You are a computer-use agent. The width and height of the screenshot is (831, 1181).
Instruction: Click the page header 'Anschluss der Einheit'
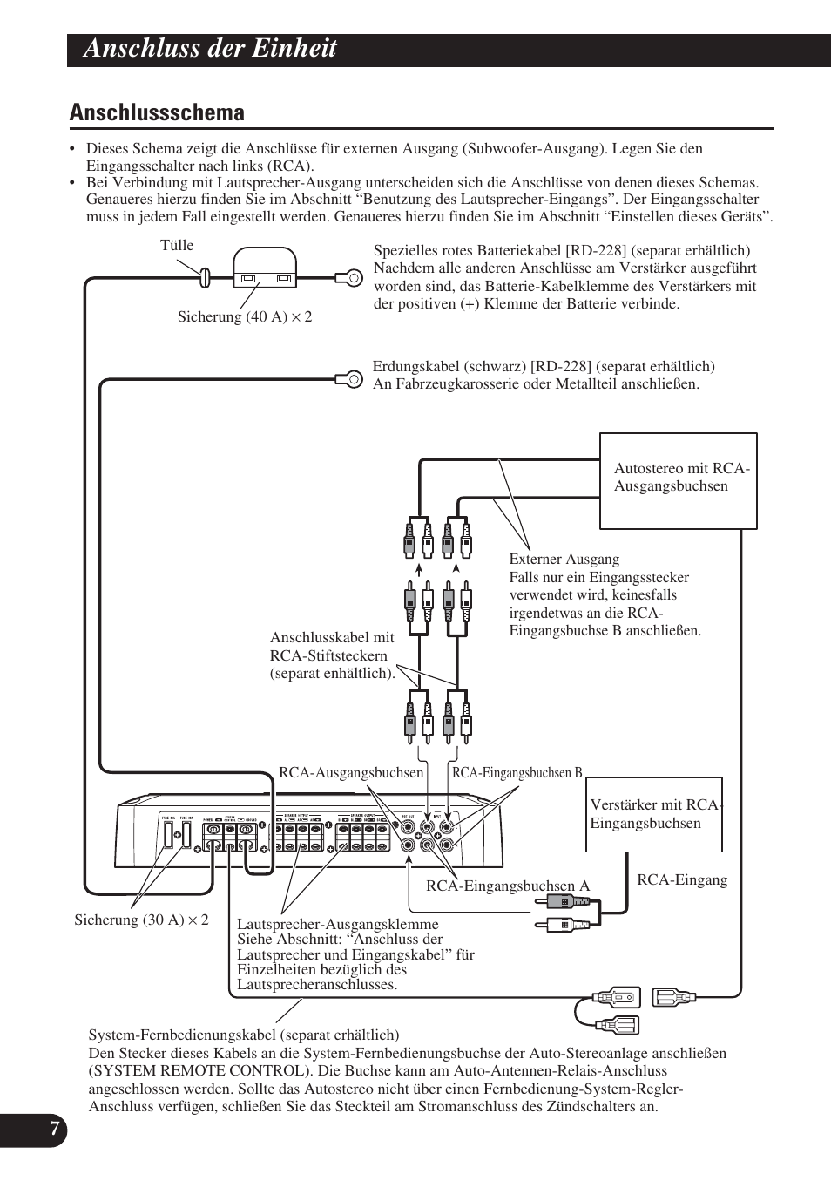(x=210, y=49)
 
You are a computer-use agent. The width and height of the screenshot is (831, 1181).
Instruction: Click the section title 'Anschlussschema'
(x=157, y=112)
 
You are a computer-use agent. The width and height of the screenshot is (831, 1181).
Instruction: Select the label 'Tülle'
(x=177, y=246)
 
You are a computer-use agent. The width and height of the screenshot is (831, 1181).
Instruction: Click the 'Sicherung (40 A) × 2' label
(x=245, y=317)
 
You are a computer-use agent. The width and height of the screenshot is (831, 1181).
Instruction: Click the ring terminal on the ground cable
(x=352, y=378)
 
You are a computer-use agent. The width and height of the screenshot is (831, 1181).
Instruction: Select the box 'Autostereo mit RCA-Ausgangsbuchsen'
(x=678, y=480)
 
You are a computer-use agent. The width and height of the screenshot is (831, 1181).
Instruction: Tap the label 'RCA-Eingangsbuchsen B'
(x=517, y=773)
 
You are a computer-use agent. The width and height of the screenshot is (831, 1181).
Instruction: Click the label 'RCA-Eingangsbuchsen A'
(x=507, y=886)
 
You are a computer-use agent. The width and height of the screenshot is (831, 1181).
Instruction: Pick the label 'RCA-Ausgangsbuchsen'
(x=350, y=773)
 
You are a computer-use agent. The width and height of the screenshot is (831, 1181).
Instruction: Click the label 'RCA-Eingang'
(x=682, y=880)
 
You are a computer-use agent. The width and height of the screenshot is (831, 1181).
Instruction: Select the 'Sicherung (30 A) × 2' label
(x=141, y=920)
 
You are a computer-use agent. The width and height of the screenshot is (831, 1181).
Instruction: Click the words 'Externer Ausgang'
(x=564, y=560)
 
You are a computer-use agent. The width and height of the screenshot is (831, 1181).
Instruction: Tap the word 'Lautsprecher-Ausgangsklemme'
(x=337, y=925)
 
